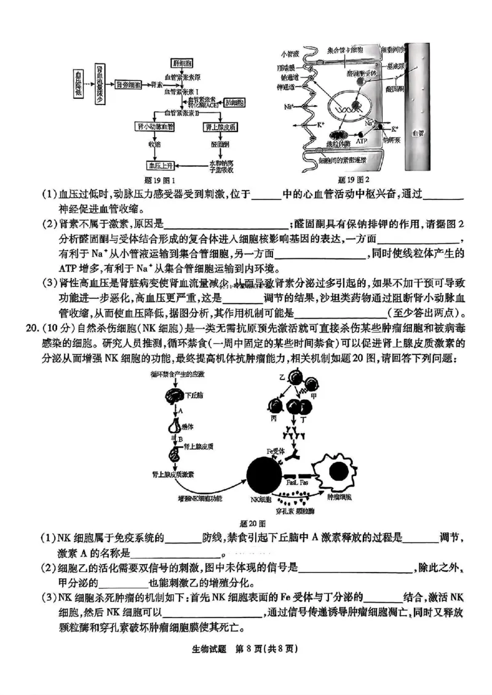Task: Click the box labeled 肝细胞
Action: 181,63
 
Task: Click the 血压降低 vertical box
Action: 78,82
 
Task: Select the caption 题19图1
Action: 159,180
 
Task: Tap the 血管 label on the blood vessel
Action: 418,132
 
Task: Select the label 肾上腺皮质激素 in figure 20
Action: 173,474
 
